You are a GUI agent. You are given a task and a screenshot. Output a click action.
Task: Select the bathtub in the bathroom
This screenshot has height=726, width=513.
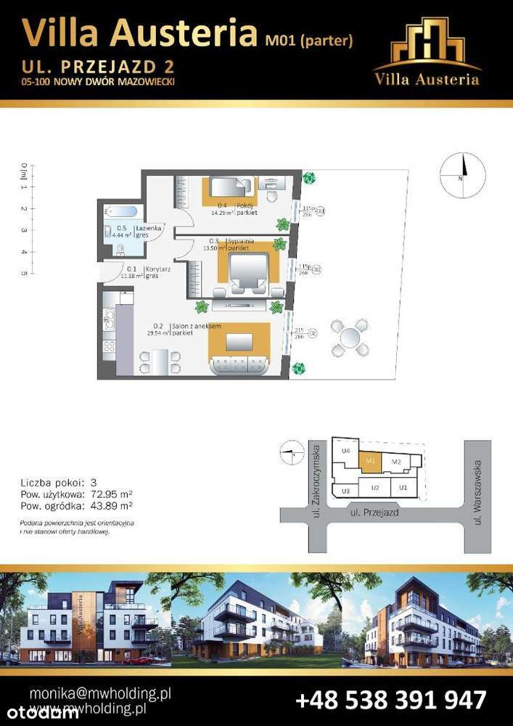click(120, 213)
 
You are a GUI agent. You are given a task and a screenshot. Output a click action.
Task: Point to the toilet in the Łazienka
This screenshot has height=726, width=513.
click(120, 250)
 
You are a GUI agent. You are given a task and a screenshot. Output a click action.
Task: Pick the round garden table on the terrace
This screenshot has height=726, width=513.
click(350, 336)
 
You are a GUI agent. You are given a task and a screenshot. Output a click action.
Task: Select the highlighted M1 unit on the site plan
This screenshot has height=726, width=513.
click(371, 460)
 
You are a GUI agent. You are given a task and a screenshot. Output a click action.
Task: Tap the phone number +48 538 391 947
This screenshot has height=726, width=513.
click(390, 700)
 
